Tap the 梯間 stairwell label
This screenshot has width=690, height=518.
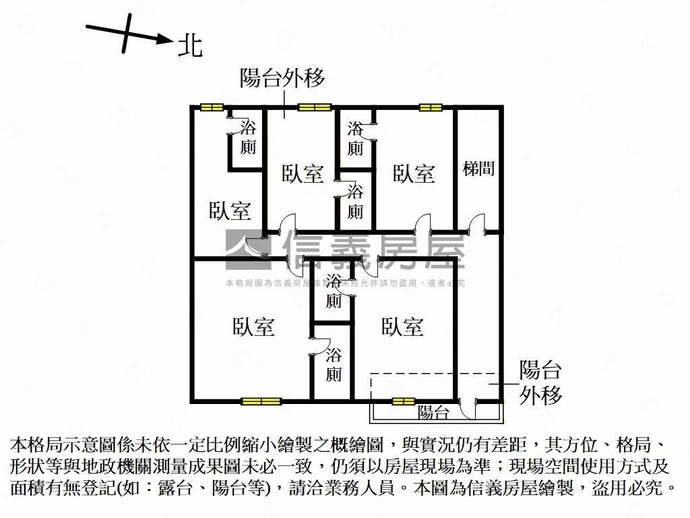(478, 169)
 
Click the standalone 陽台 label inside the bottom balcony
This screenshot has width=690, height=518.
(433, 413)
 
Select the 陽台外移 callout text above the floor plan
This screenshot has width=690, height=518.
(283, 78)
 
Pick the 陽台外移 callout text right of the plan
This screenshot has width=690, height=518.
(540, 382)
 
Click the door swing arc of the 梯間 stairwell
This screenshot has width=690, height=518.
(476, 223)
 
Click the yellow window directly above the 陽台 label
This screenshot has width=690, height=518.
(404, 401)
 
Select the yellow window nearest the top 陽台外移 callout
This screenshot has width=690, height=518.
(315, 107)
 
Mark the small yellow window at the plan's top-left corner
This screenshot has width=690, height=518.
(211, 107)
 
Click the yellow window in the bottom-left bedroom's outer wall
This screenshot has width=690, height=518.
(261, 401)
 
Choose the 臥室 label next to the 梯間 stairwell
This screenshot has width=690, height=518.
(414, 174)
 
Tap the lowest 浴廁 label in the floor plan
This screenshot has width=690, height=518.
(334, 365)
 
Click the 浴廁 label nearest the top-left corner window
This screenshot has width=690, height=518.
(248, 138)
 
